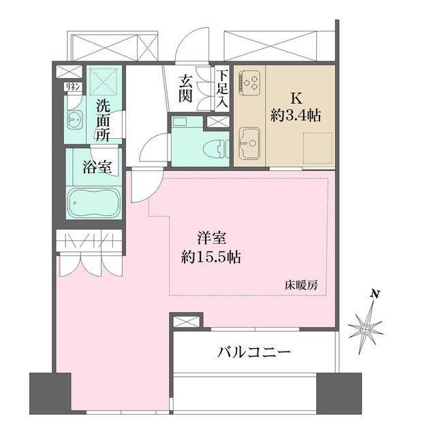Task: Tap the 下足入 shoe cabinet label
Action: [223, 88]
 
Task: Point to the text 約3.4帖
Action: [295, 115]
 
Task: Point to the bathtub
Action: [94, 203]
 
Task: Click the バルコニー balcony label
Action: [254, 352]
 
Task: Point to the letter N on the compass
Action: [374, 294]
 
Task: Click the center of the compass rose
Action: [367, 330]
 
